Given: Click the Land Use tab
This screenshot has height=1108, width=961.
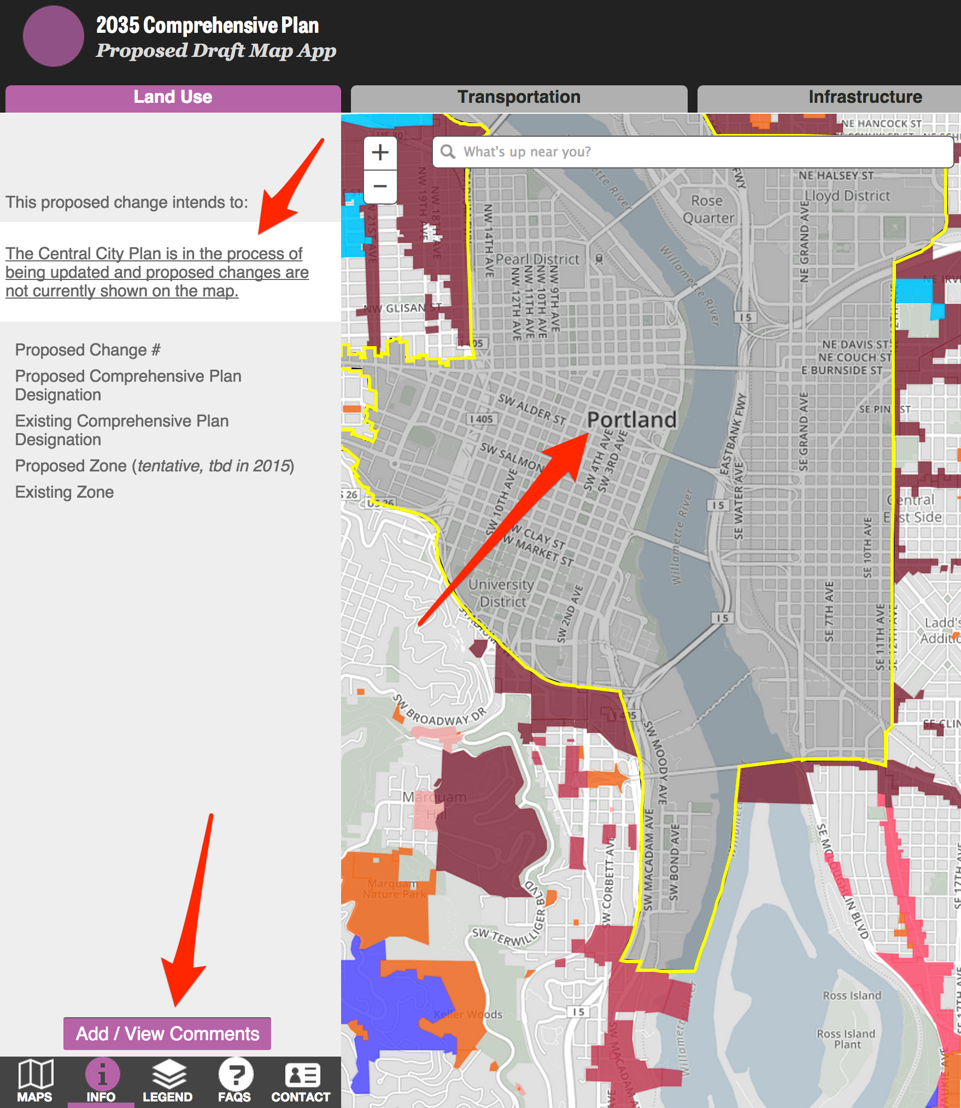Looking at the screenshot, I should pos(173,97).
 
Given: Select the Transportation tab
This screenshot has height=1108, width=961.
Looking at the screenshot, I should pos(519,97).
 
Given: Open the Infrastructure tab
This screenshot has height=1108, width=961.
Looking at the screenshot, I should pos(865,97).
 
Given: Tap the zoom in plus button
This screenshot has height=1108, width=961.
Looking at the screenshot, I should pos(380,153).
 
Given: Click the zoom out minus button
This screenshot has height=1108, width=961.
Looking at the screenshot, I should pos(380,186).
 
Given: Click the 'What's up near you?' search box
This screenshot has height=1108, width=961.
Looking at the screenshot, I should pos(693,152).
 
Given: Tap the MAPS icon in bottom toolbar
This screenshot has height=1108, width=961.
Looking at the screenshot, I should pos(35,1081).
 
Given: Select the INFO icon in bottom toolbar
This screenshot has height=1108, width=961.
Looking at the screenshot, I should pos(101,1081).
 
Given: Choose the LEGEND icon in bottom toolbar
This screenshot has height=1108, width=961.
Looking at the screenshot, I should pos(167,1081).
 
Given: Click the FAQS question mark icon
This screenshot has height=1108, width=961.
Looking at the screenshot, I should pos(235,1081).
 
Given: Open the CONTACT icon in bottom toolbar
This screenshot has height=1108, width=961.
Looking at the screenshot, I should pos(301,1081).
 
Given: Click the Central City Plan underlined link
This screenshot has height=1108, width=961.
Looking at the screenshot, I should pos(157,272).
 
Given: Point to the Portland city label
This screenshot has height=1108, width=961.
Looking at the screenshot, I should pos(631,420).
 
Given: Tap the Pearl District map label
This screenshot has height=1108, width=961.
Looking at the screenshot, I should pos(537,259).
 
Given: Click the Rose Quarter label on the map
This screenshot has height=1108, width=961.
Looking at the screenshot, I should pos(708,209).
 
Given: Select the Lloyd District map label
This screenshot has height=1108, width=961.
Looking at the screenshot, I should pos(847,196).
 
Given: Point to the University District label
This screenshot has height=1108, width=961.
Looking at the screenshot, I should pos(501,593).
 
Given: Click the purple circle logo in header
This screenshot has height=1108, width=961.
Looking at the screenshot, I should pos(53,36).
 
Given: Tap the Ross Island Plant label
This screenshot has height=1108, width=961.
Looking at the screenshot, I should pos(846,1039).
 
